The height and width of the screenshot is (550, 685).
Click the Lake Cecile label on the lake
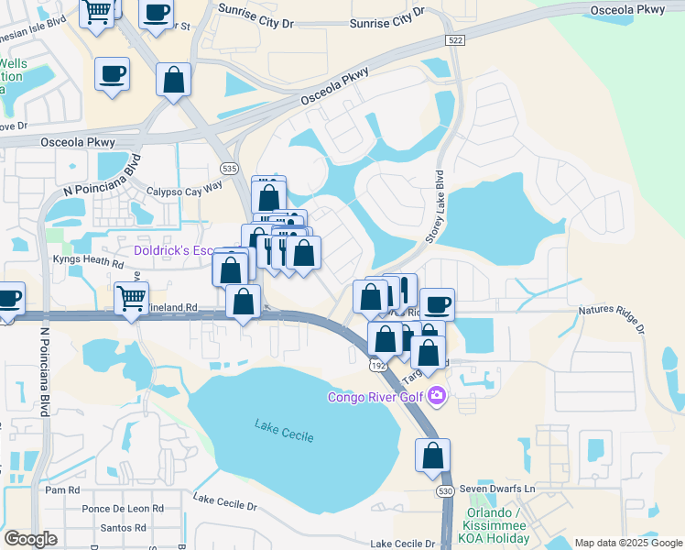point(284,429)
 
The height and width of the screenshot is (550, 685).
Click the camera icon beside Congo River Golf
point(437,396)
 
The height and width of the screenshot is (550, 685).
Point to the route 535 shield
point(229,169)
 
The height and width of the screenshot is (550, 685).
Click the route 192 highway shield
point(375,365)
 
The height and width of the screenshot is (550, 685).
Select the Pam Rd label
point(56,490)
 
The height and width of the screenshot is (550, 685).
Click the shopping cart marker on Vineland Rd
point(131,298)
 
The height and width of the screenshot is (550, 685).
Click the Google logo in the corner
point(31,539)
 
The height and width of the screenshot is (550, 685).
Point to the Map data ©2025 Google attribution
point(627,543)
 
